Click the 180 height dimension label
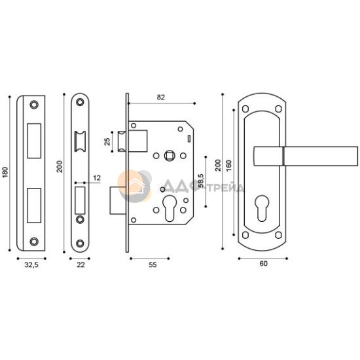pyautogui.click(x=5, y=172)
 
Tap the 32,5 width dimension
pyautogui.click(x=31, y=265)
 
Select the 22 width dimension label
pyautogui.click(x=81, y=265)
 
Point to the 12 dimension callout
pyautogui.click(x=97, y=178)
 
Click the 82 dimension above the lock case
pyautogui.click(x=161, y=98)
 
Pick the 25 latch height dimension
pyautogui.click(x=107, y=141)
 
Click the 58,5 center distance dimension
pyautogui.click(x=201, y=181)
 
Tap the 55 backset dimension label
pyautogui.click(x=153, y=265)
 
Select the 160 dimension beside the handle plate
pyautogui.click(x=229, y=166)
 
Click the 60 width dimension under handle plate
pyautogui.click(x=264, y=264)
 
